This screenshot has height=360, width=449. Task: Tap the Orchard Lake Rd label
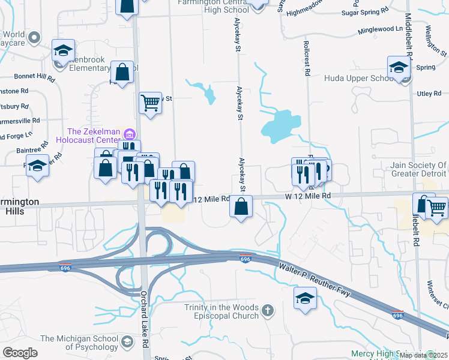point(145,318)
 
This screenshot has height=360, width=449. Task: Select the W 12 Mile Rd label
point(307,196)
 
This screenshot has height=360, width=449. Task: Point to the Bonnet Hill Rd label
point(35,78)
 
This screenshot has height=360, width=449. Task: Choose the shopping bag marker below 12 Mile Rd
point(241,208)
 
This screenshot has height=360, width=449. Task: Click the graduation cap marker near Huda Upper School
point(398,68)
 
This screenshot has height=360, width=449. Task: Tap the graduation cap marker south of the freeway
point(305,298)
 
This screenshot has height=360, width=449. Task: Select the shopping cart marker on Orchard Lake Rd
point(150,103)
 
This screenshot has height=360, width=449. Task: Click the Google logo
point(20,353)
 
